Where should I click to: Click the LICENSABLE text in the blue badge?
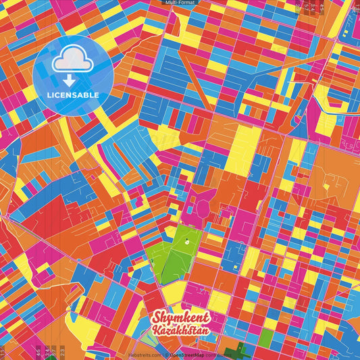point(73,95)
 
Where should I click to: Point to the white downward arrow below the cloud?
point(73,79)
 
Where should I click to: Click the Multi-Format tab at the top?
point(180,3)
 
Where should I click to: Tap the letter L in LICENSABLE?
point(49,95)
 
